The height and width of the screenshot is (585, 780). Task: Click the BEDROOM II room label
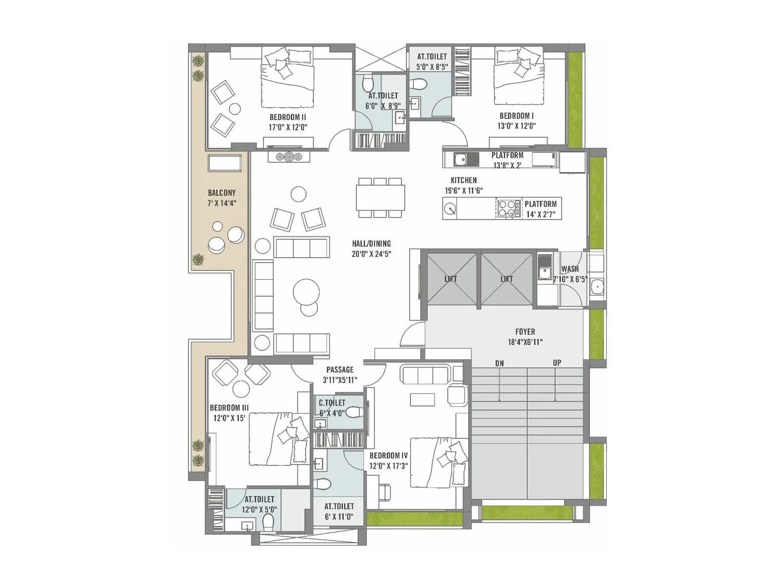click(x=288, y=117)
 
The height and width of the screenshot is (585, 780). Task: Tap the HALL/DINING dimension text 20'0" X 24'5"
click(x=371, y=254)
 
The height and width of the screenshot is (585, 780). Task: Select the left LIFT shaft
click(x=451, y=279)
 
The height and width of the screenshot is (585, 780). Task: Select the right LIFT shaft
click(x=507, y=279)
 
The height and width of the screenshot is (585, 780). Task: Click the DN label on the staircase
click(x=499, y=363)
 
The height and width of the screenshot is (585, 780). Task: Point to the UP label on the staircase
click(x=557, y=363)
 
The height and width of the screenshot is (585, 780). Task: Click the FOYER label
click(x=525, y=331)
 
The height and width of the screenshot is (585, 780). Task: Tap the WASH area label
click(x=570, y=269)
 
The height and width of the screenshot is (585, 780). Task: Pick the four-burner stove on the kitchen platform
click(x=508, y=209)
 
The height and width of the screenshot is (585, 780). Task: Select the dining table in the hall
click(x=380, y=197)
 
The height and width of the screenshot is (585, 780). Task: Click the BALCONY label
click(x=221, y=193)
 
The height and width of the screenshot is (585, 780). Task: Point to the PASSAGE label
click(x=340, y=370)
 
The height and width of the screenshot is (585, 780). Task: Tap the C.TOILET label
click(x=332, y=403)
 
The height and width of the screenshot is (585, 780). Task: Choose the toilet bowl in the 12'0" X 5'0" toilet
click(x=268, y=522)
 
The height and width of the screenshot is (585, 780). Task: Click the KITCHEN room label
click(x=463, y=180)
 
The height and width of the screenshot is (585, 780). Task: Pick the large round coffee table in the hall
click(x=306, y=292)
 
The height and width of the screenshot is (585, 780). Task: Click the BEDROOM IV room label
click(x=388, y=455)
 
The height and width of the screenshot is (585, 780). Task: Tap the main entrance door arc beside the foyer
click(x=412, y=334)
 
